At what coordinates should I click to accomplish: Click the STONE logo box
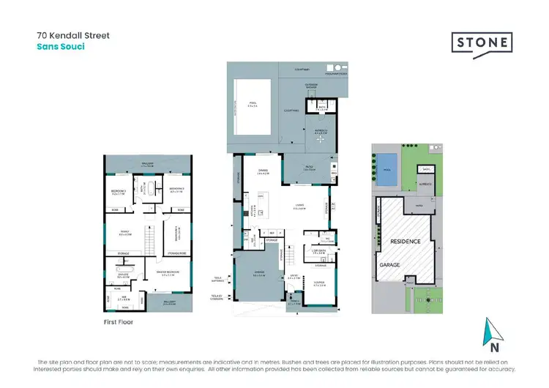(481, 41)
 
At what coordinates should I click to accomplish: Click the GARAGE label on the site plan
(389, 264)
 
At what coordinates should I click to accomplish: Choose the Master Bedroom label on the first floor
(170, 275)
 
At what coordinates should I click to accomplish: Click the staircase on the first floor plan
(152, 238)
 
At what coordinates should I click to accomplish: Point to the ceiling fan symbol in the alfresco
(320, 138)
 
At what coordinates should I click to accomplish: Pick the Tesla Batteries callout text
(217, 278)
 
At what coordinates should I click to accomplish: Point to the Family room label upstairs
(124, 234)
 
